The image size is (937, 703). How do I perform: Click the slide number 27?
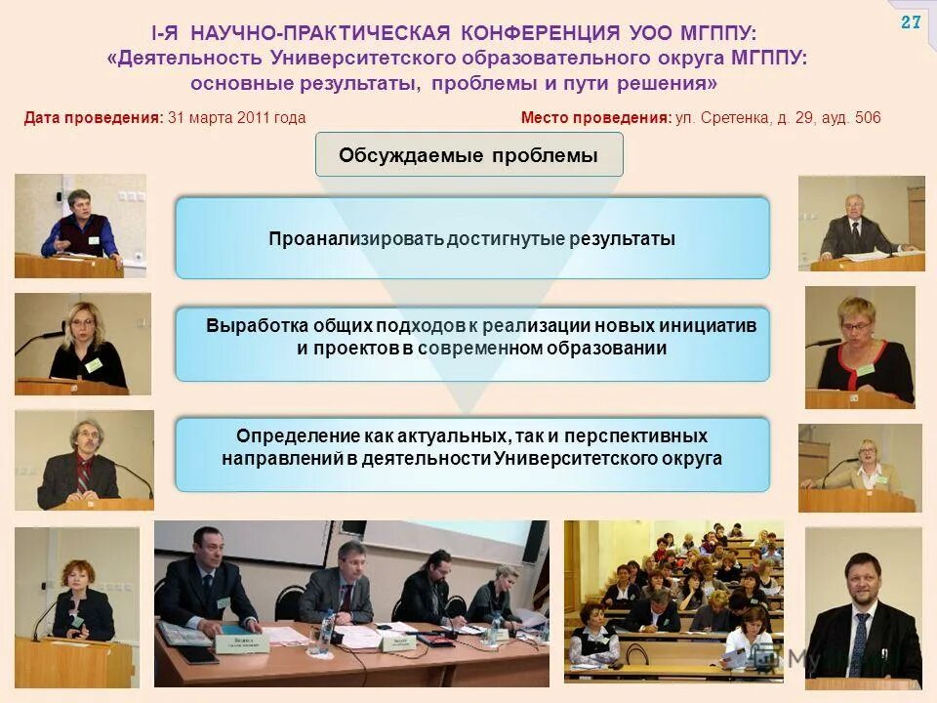tap(910, 22)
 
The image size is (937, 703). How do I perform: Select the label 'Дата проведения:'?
tap(93, 118)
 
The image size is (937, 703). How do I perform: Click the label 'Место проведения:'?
tap(595, 118)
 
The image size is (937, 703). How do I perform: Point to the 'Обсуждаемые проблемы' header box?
tap(468, 155)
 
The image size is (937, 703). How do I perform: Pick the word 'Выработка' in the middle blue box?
tap(257, 325)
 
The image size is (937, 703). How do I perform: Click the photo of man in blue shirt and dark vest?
tap(80, 226)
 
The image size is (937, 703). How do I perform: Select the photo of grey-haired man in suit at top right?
tap(861, 224)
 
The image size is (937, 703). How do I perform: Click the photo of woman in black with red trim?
tap(860, 347)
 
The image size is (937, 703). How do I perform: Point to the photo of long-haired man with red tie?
tap(84, 459)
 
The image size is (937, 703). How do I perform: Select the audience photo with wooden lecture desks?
tap(673, 600)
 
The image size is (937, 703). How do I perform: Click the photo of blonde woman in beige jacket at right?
tap(859, 468)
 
